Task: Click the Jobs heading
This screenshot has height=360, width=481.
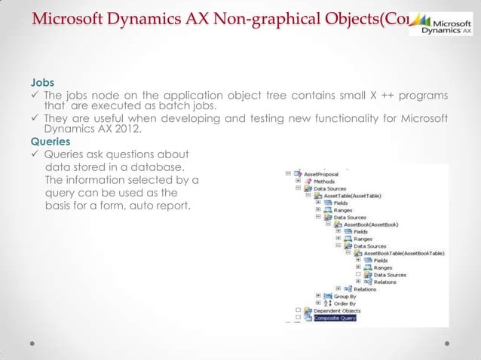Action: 41,81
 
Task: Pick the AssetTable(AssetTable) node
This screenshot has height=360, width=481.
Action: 351,196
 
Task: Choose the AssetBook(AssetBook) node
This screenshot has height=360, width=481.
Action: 370,224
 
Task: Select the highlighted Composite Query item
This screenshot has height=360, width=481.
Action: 335,318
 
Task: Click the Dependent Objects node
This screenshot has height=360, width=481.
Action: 338,310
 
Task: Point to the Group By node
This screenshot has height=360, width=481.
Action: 346,296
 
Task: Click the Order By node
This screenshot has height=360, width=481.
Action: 346,304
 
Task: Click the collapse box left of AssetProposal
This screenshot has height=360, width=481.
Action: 290,172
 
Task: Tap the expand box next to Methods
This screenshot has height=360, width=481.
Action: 299,181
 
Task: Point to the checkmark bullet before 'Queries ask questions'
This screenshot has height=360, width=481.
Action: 35,154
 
